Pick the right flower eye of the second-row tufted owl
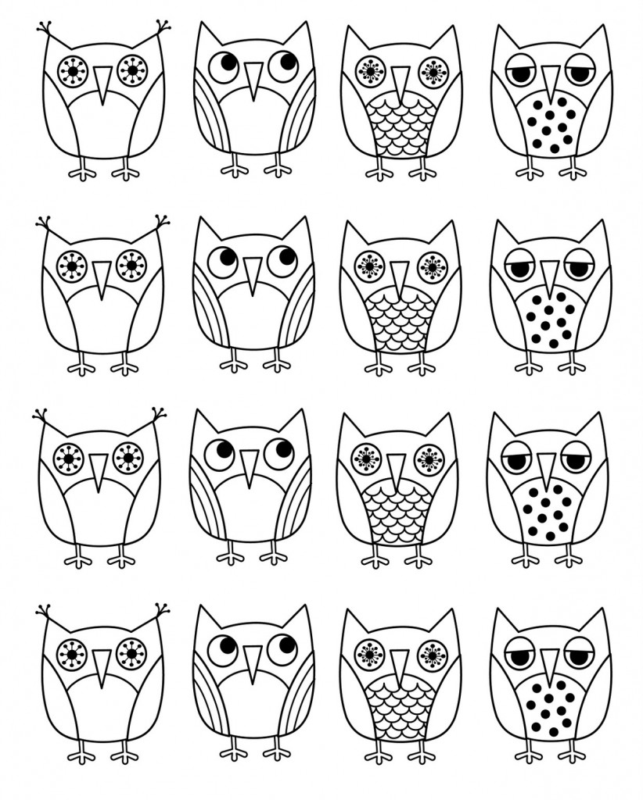131,266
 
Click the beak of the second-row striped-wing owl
251,274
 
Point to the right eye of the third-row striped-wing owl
279,453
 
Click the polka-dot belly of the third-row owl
548,512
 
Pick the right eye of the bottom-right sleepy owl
579,655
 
